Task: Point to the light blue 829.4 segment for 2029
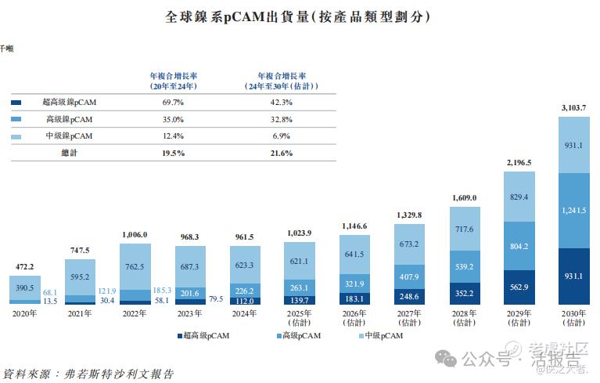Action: point(519,197)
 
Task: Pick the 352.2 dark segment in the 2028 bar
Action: point(465,294)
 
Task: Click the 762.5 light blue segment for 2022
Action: point(135,266)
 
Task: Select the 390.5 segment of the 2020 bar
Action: point(24,288)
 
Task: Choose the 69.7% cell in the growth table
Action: point(173,103)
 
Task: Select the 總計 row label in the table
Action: point(70,154)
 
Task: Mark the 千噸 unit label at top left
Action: point(5,49)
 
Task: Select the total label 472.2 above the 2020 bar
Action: point(24,266)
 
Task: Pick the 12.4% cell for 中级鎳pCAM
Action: point(173,136)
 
